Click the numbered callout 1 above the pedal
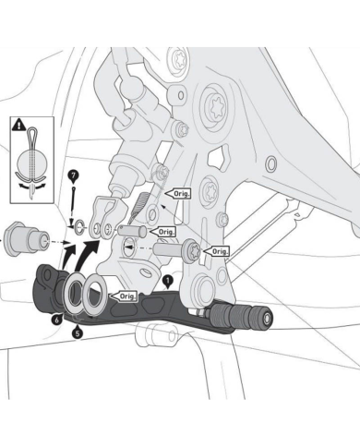coord(167,278)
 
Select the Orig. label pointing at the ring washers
coord(124,296)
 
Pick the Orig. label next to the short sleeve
coord(165,231)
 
